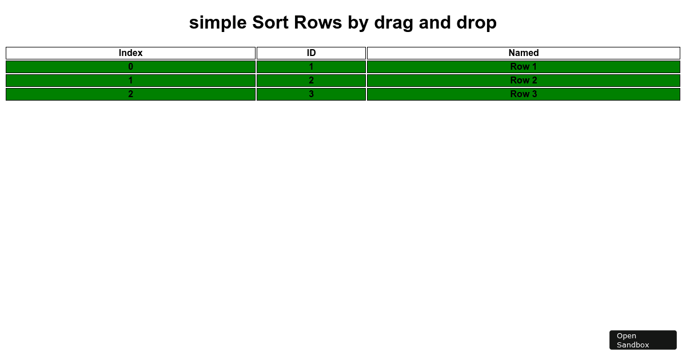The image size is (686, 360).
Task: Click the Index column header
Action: [x=130, y=53]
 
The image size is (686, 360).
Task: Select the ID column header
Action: [x=311, y=53]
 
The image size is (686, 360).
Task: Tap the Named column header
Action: [x=524, y=53]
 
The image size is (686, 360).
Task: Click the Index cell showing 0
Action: [x=130, y=67]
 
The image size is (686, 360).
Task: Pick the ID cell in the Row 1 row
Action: [x=311, y=67]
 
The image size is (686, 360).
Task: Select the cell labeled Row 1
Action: [x=524, y=67]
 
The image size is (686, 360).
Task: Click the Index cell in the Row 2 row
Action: [x=130, y=81]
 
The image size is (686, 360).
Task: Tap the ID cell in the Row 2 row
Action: [x=311, y=81]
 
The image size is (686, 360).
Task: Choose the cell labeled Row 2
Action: [x=524, y=81]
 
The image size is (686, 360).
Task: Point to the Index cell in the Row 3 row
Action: [x=130, y=94]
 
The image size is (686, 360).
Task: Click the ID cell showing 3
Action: [x=311, y=94]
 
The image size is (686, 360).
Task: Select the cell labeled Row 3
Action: [x=524, y=94]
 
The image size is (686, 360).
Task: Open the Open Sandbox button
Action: [x=643, y=340]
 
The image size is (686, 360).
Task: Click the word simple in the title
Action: [x=218, y=23]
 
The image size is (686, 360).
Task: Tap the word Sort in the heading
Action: [x=270, y=23]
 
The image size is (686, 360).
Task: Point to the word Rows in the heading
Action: [x=318, y=23]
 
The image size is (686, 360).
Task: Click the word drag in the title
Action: [x=393, y=23]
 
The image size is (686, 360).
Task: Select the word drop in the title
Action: [x=477, y=23]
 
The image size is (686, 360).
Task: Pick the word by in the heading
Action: [x=358, y=23]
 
